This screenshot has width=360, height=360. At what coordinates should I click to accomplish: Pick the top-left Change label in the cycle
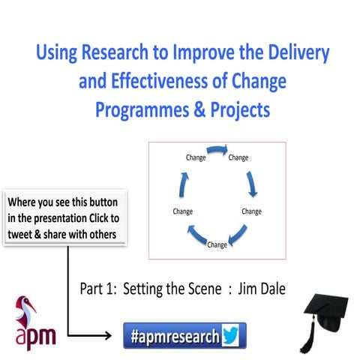(196, 157)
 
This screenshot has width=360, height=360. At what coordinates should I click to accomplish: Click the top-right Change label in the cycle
(238, 157)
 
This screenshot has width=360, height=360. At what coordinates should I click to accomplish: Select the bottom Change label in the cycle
(217, 245)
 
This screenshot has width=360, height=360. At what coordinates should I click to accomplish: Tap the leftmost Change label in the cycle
(183, 211)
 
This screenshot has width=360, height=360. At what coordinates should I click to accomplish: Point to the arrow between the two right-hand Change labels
(253, 184)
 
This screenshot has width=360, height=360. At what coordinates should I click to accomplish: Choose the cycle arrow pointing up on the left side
(181, 184)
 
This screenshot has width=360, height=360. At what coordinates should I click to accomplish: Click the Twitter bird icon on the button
(230, 334)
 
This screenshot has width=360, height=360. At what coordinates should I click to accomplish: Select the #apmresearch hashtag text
(175, 335)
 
